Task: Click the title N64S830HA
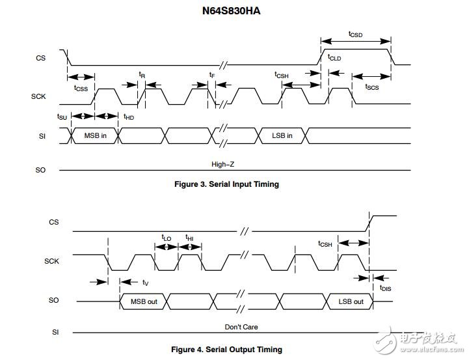tap(231, 11)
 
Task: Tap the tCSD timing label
tap(355, 35)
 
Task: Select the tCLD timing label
tap(334, 57)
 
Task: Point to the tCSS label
tap(81, 89)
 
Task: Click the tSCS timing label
tap(372, 87)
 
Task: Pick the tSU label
tap(62, 117)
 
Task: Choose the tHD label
tap(129, 117)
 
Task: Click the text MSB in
tap(96, 135)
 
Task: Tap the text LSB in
tap(282, 135)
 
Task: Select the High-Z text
tap(223, 164)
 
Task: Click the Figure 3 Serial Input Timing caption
tap(227, 184)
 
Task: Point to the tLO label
tap(167, 238)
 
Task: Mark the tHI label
tap(189, 238)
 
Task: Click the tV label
tap(145, 282)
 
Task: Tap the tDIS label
tap(385, 288)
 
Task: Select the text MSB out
tap(144, 301)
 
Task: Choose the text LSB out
tap(351, 301)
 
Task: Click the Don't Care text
tap(241, 327)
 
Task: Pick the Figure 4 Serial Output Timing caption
tap(227, 350)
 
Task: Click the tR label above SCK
tap(142, 74)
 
